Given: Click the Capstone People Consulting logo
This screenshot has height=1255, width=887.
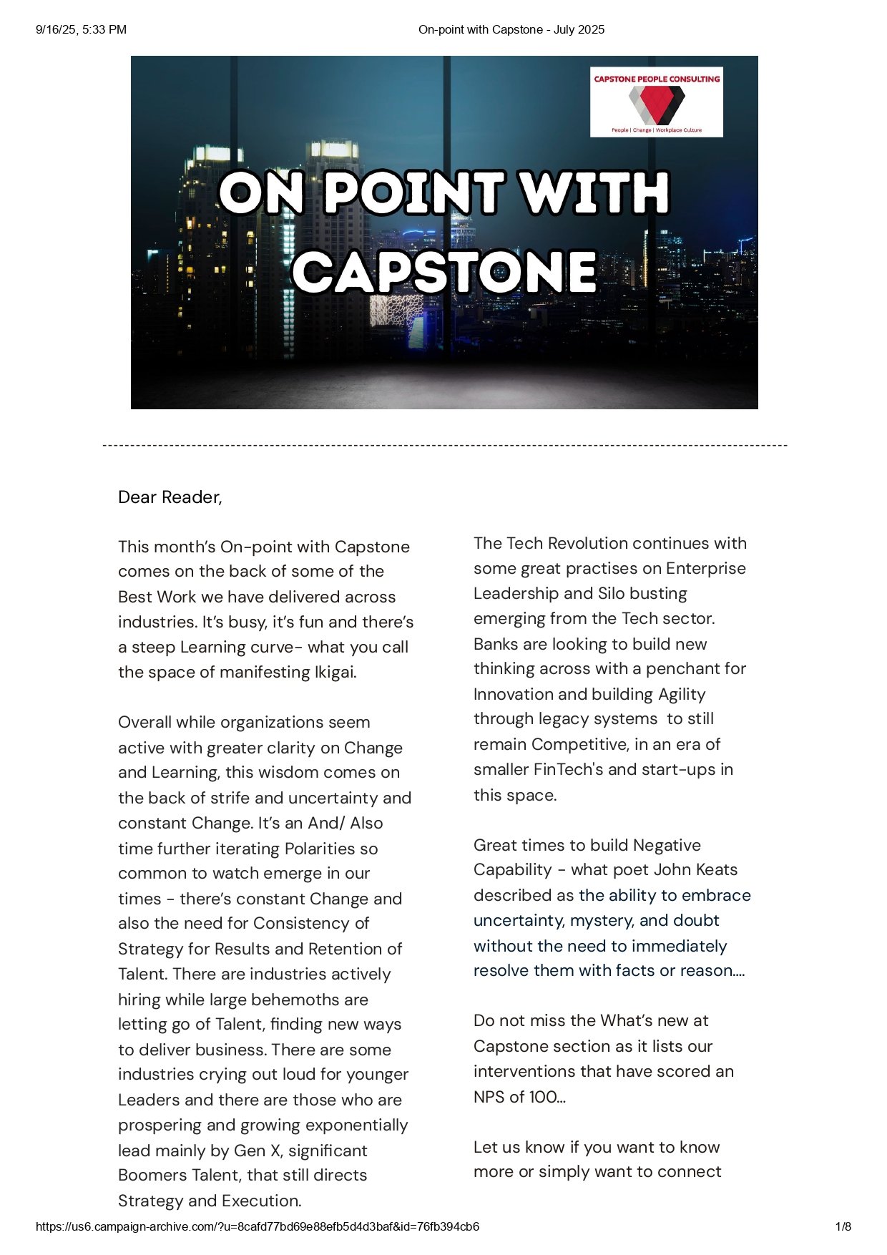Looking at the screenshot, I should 656,102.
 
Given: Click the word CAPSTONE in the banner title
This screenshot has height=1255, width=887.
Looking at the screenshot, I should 444,273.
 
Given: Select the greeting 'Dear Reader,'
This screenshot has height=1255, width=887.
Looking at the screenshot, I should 170,497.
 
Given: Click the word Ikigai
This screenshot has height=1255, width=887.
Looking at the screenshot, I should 335,673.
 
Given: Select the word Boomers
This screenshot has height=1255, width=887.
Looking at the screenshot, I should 150,1176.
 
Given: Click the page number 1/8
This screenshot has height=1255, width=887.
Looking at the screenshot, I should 843,1226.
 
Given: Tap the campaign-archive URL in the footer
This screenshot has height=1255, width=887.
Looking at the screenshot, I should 258,1226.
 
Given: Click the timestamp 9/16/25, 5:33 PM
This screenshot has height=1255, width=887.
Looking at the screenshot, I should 81,29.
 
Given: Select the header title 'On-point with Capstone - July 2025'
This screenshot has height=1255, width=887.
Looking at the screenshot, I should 511,29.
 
